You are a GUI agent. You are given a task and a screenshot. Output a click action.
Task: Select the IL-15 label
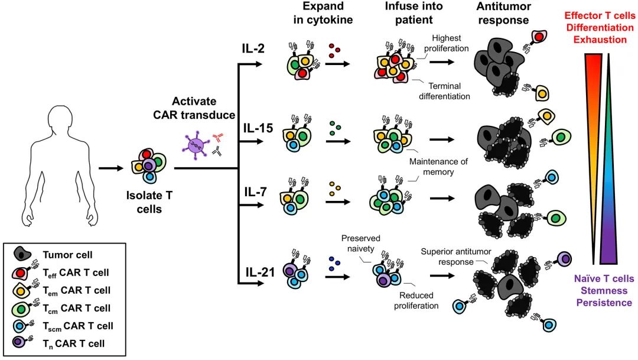pyautogui.click(x=258, y=127)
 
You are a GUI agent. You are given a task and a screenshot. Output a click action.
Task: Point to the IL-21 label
pyautogui.click(x=259, y=273)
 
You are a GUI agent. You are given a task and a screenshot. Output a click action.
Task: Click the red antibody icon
pyautogui.click(x=217, y=138)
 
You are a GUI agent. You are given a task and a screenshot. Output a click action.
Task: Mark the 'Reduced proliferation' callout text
pyautogui.click(x=416, y=300)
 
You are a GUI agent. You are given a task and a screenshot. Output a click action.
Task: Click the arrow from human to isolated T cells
pyautogui.click(x=111, y=168)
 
